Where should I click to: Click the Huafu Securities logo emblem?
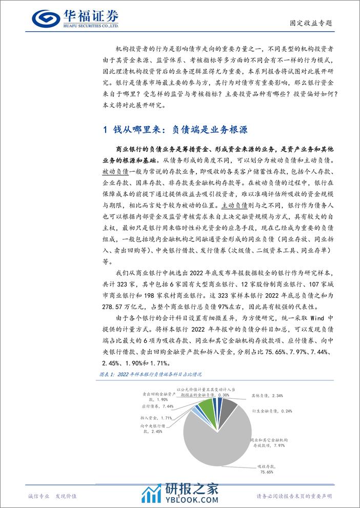coord(45,19)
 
